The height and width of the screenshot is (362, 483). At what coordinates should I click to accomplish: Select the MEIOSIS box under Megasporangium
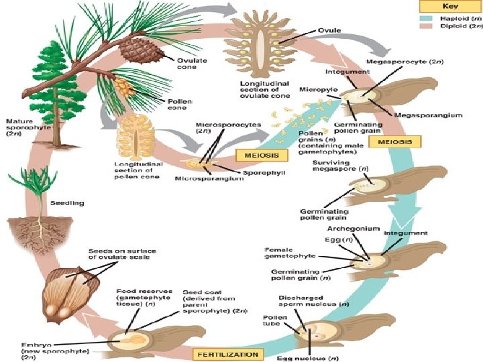point(398,142)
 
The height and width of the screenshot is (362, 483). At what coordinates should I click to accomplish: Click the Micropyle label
point(318,89)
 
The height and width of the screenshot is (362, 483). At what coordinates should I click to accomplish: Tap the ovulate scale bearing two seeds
point(68,288)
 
